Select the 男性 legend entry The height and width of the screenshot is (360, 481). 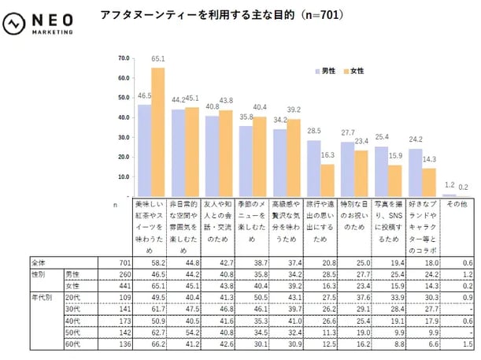324,71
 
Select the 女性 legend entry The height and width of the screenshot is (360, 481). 353,71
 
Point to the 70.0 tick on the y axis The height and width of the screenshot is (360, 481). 123,58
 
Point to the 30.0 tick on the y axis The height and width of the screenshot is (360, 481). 123,137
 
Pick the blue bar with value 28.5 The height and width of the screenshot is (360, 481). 314,168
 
